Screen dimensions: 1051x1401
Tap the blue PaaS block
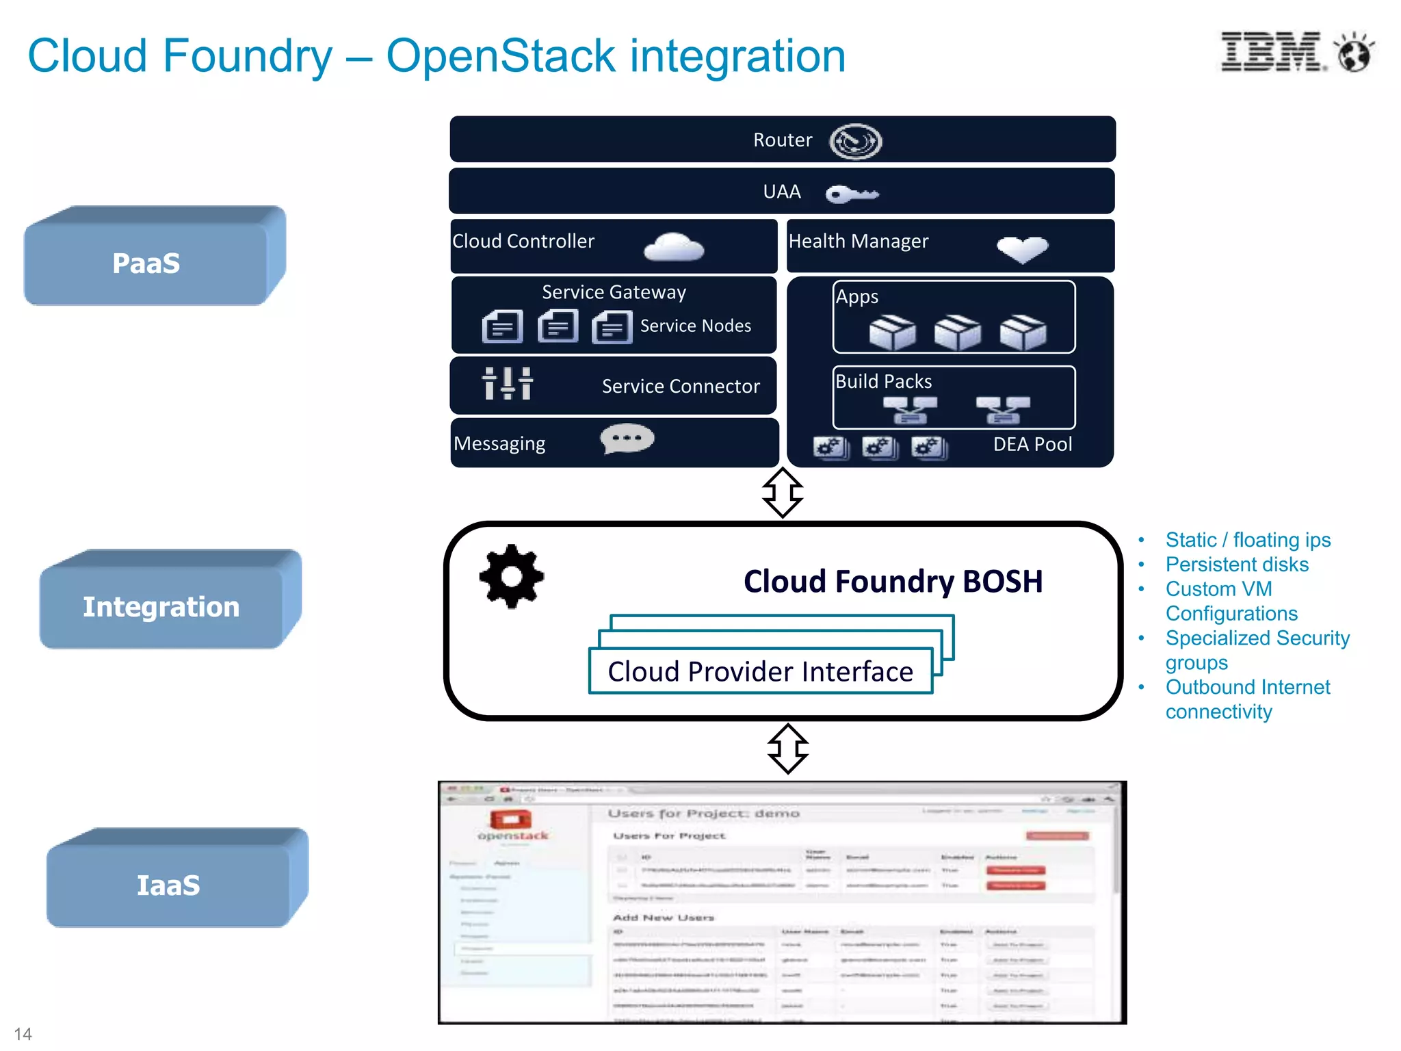pyautogui.click(x=146, y=263)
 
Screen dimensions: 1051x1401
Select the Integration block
pyautogui.click(x=161, y=607)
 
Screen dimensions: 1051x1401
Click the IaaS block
pyautogui.click(x=168, y=885)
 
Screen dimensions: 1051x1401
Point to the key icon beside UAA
pyautogui.click(x=851, y=194)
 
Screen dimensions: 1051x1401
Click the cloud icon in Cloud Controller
pyautogui.click(x=673, y=248)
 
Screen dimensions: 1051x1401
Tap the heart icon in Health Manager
pyautogui.click(x=1022, y=249)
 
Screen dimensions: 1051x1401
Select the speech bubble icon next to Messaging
pyautogui.click(x=627, y=439)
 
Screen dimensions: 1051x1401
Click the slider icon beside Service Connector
pyautogui.click(x=507, y=383)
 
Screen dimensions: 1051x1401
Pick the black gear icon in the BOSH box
pyautogui.click(x=512, y=576)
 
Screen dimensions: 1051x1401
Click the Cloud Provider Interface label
pyautogui.click(x=760, y=671)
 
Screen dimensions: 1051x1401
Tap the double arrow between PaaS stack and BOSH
pyautogui.click(x=782, y=493)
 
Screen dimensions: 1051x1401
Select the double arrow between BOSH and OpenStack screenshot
pyautogui.click(x=787, y=749)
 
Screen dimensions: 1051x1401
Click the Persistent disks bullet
pyautogui.click(x=1236, y=565)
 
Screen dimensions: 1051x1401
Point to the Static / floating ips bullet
pyautogui.click(x=1247, y=540)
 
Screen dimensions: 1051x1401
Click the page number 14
pyautogui.click(x=23, y=1033)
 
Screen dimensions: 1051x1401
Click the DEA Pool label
pyautogui.click(x=1032, y=445)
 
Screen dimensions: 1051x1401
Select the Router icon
pyautogui.click(x=855, y=142)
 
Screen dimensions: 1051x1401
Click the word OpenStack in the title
pyautogui.click(x=501, y=56)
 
